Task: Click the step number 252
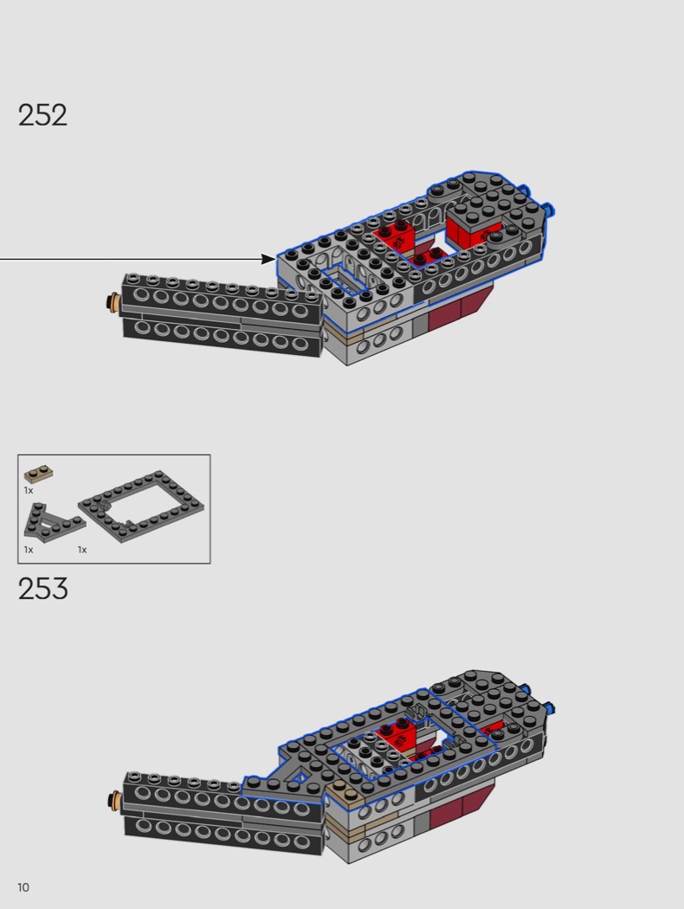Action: (x=42, y=115)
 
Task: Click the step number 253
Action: (x=43, y=588)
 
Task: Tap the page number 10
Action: (x=23, y=887)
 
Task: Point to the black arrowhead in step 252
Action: (x=269, y=259)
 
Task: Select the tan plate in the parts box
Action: (x=39, y=474)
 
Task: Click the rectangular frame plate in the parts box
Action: (x=141, y=506)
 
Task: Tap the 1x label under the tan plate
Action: (x=29, y=491)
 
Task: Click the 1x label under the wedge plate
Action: (x=29, y=550)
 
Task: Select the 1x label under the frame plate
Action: (x=82, y=550)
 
